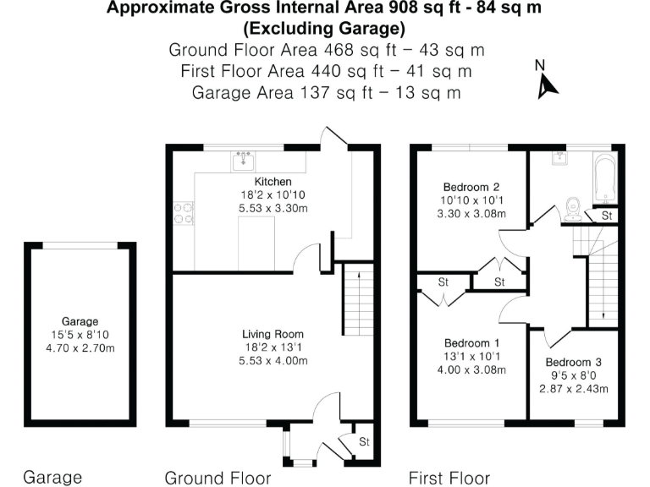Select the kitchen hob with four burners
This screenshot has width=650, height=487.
point(184,213)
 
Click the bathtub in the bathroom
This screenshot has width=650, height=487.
point(605,178)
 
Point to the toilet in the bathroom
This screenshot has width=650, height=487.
point(572,205)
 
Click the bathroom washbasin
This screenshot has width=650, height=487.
point(560,157)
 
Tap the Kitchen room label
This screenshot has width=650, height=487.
point(273,182)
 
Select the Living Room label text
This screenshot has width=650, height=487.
point(273,334)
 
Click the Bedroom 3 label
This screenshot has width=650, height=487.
point(573,363)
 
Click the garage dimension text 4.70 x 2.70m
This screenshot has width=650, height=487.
point(80,347)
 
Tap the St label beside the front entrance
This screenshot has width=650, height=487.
point(364,441)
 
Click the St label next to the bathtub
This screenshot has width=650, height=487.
point(607,216)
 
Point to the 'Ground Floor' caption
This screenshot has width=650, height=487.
point(218,478)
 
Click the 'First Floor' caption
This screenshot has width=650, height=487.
point(449,478)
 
